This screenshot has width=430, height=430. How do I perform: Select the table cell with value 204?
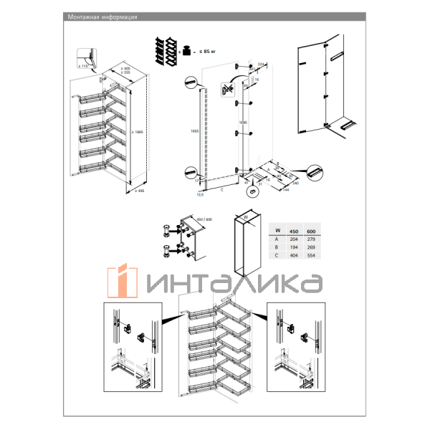click(x=292, y=239)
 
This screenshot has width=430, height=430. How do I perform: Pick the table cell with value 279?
click(x=311, y=239)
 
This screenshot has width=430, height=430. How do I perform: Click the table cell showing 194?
click(x=292, y=247)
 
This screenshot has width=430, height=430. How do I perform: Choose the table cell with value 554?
click(x=311, y=254)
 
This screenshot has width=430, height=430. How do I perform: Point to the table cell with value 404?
click(x=292, y=254)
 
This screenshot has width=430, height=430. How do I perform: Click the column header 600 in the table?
click(x=311, y=231)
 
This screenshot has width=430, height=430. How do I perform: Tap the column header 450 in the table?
click(x=292, y=231)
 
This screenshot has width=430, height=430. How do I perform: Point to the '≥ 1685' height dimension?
click(x=139, y=123)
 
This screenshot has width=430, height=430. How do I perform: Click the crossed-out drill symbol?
click(x=228, y=90)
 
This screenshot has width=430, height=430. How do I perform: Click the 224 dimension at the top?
click(x=261, y=64)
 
